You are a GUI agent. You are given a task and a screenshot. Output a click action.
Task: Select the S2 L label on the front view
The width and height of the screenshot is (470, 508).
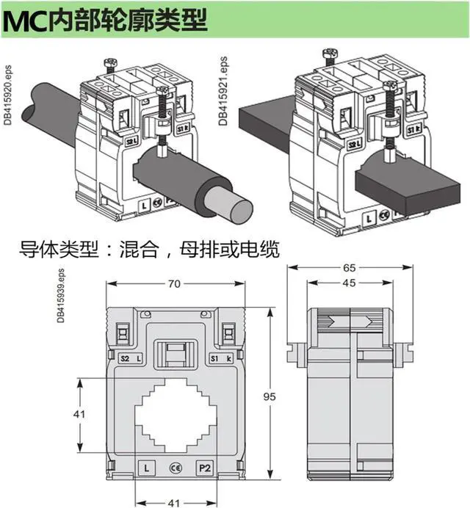tap(131, 358)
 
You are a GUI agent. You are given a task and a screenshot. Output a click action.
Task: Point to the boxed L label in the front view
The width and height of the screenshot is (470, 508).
tap(147, 467)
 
